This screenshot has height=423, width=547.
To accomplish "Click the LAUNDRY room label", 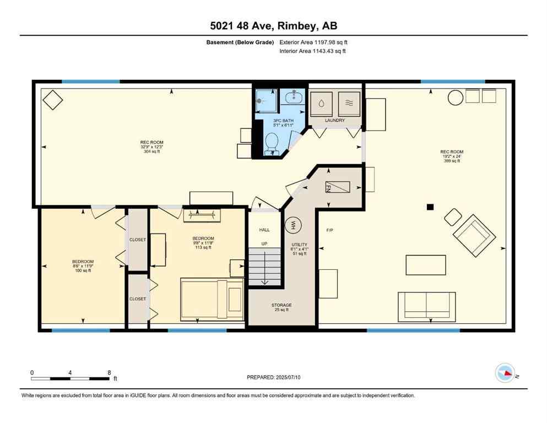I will (334, 120).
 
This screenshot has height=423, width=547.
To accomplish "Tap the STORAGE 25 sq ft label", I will (281, 307).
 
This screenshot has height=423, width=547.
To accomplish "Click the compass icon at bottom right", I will (505, 373).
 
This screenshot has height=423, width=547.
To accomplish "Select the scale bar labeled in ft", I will (72, 378).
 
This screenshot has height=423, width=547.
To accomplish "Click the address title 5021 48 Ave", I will (273, 26).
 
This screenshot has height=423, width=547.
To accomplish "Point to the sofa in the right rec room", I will (426, 307).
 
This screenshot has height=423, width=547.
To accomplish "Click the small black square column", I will (430, 207).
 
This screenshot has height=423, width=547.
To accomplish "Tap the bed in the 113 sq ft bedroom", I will (213, 299).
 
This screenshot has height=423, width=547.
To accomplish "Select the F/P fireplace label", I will (330, 230).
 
